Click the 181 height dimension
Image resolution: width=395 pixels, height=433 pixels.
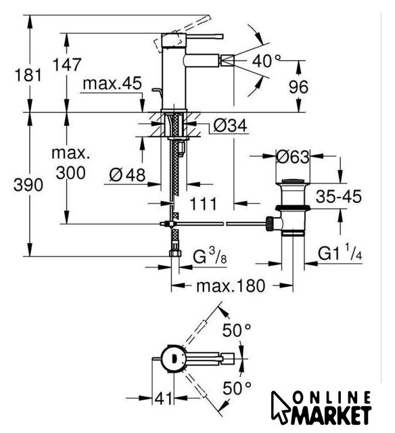click(x=28, y=75)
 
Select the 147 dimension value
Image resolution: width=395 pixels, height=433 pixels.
click(x=67, y=65)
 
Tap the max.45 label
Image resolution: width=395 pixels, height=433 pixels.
click(x=112, y=83)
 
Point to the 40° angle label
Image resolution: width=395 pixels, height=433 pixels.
click(x=266, y=61)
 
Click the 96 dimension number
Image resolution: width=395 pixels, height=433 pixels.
click(x=298, y=87)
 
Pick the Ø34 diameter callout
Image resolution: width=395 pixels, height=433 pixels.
click(x=231, y=126)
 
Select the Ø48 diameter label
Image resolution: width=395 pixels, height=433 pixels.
click(x=127, y=175)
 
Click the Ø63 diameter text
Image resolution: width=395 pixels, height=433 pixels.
click(x=293, y=157)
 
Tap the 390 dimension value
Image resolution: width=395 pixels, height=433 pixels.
click(x=28, y=185)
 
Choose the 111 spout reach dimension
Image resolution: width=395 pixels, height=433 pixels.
click(x=204, y=204)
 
